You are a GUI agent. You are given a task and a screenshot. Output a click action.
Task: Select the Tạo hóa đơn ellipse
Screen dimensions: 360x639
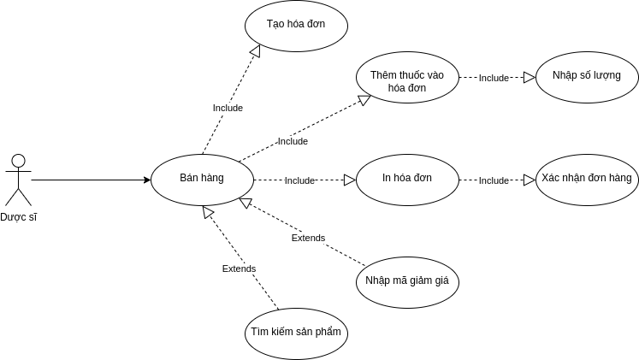click(x=296, y=26)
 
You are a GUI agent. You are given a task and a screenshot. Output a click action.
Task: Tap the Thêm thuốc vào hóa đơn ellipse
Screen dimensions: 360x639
click(x=407, y=77)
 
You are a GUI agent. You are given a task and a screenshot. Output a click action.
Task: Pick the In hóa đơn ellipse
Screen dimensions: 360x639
click(x=407, y=180)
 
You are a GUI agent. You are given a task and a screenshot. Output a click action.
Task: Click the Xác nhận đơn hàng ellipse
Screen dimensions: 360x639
click(x=587, y=180)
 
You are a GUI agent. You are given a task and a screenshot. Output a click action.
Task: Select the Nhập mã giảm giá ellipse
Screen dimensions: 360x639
click(x=407, y=281)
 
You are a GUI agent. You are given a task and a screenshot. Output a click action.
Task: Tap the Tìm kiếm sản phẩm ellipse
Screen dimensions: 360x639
click(x=296, y=333)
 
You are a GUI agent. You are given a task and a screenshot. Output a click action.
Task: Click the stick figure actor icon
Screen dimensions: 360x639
click(x=18, y=179)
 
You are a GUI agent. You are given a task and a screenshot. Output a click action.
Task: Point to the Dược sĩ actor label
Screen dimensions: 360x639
click(x=18, y=217)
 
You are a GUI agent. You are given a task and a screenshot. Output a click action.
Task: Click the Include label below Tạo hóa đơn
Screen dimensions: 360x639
click(x=228, y=108)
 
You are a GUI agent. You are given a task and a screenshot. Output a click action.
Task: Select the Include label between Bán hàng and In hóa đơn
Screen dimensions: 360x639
click(x=299, y=180)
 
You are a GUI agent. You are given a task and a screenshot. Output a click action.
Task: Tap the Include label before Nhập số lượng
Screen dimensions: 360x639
click(x=494, y=78)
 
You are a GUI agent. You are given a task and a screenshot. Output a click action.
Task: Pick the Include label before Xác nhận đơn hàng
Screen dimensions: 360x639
click(x=494, y=180)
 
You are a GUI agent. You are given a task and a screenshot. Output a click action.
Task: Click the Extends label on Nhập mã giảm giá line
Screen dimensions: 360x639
click(x=308, y=238)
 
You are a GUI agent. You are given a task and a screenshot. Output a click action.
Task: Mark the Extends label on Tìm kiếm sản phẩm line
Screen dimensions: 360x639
click(x=239, y=269)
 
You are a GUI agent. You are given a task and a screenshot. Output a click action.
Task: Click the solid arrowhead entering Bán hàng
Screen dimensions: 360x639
click(x=146, y=180)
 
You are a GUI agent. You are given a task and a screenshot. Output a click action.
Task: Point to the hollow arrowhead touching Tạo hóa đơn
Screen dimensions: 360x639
click(x=253, y=52)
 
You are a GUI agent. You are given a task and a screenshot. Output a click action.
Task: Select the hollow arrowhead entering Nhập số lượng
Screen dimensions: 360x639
click(x=530, y=77)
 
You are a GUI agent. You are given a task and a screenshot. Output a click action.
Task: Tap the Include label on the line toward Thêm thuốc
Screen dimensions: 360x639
click(x=293, y=141)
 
